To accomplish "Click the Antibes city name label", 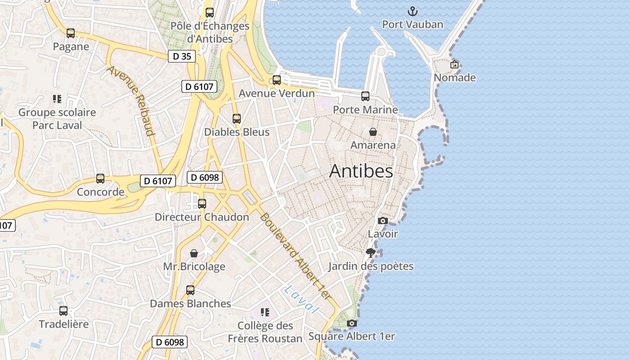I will (x=361, y=171).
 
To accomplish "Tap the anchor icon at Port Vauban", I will (x=412, y=11).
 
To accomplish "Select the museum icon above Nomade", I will (x=454, y=64).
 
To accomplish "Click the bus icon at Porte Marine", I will (x=365, y=96).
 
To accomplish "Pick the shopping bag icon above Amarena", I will (x=373, y=131).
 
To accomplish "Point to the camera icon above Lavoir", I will (x=383, y=220).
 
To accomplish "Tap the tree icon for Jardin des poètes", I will (x=371, y=252).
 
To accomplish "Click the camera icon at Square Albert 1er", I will (x=352, y=323).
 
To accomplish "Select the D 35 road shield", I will (x=182, y=56).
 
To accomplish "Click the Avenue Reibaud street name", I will (x=131, y=101).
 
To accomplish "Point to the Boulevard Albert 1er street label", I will (x=295, y=256).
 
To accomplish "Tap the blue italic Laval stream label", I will (x=301, y=299).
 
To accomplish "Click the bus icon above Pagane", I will (x=71, y=33).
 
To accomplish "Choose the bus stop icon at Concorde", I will (x=100, y=179).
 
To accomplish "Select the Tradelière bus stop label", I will (x=63, y=324).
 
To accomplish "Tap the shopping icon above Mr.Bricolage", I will (x=194, y=253).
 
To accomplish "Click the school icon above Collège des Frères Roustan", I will (x=265, y=312).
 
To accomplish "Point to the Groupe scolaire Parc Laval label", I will (x=57, y=119).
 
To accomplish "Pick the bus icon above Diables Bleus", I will (x=237, y=119).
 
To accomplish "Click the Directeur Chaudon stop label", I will (x=202, y=217).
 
